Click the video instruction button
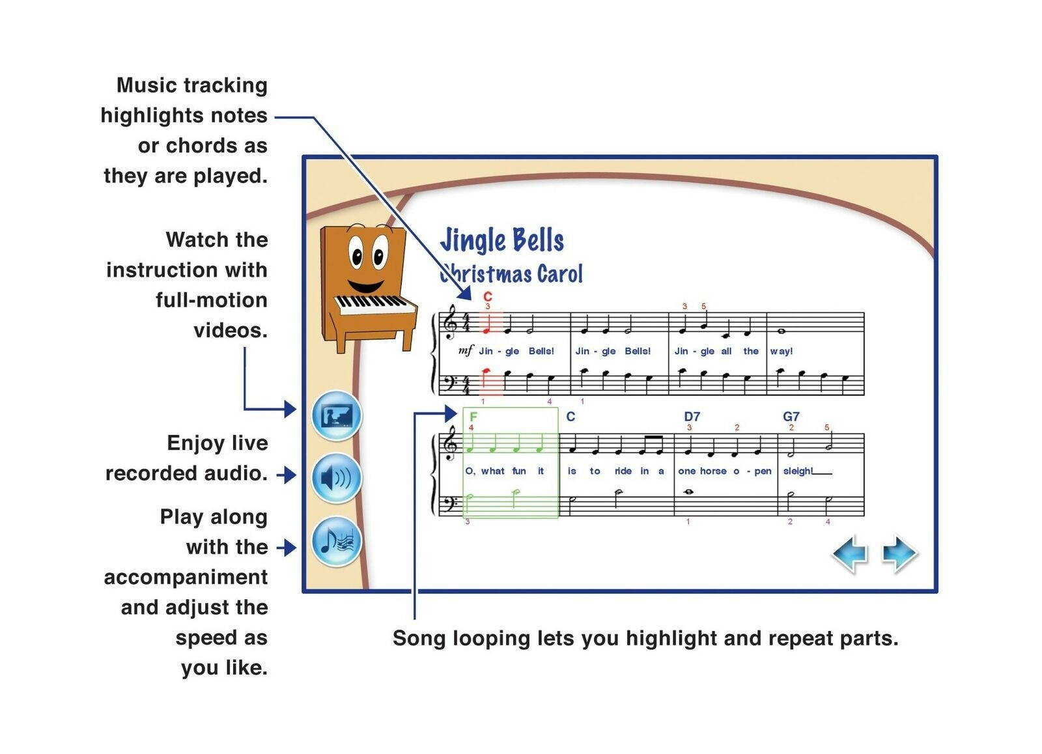click(x=336, y=415)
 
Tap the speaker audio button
click(x=336, y=479)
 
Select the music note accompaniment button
click(x=336, y=542)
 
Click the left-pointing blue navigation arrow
click(x=851, y=554)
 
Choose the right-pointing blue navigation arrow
click(x=899, y=554)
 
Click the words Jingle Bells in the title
click(x=501, y=240)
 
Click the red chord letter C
click(x=488, y=297)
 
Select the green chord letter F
click(x=473, y=417)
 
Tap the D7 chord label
click(x=692, y=417)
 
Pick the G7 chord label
click(x=791, y=417)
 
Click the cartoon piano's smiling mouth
click(x=365, y=285)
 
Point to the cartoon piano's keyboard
click(x=374, y=304)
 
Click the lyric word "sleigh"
click(x=797, y=471)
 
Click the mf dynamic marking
click(x=466, y=351)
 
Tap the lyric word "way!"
click(x=781, y=351)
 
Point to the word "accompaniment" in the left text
click(x=186, y=577)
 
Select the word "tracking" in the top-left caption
click(x=225, y=85)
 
